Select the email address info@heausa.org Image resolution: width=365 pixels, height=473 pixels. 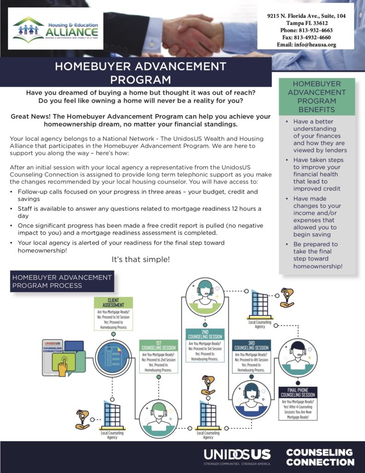point(306,45)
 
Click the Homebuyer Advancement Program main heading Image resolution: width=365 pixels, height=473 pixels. point(140,73)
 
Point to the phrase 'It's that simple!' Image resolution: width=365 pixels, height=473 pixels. point(141,260)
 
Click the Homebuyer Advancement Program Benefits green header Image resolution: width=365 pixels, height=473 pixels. point(317,97)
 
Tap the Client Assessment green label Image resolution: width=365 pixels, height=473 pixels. point(113,303)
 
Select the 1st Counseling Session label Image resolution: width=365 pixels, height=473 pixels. point(159,346)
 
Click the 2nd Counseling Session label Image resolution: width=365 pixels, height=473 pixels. point(205,334)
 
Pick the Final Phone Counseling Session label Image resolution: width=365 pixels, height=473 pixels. point(298,393)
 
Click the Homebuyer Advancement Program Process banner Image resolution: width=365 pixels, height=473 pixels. point(62,281)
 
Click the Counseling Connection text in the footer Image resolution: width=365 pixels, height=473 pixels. point(320,457)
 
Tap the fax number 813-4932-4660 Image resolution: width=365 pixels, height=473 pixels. point(306,37)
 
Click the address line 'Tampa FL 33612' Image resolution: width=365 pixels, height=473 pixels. point(306,23)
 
